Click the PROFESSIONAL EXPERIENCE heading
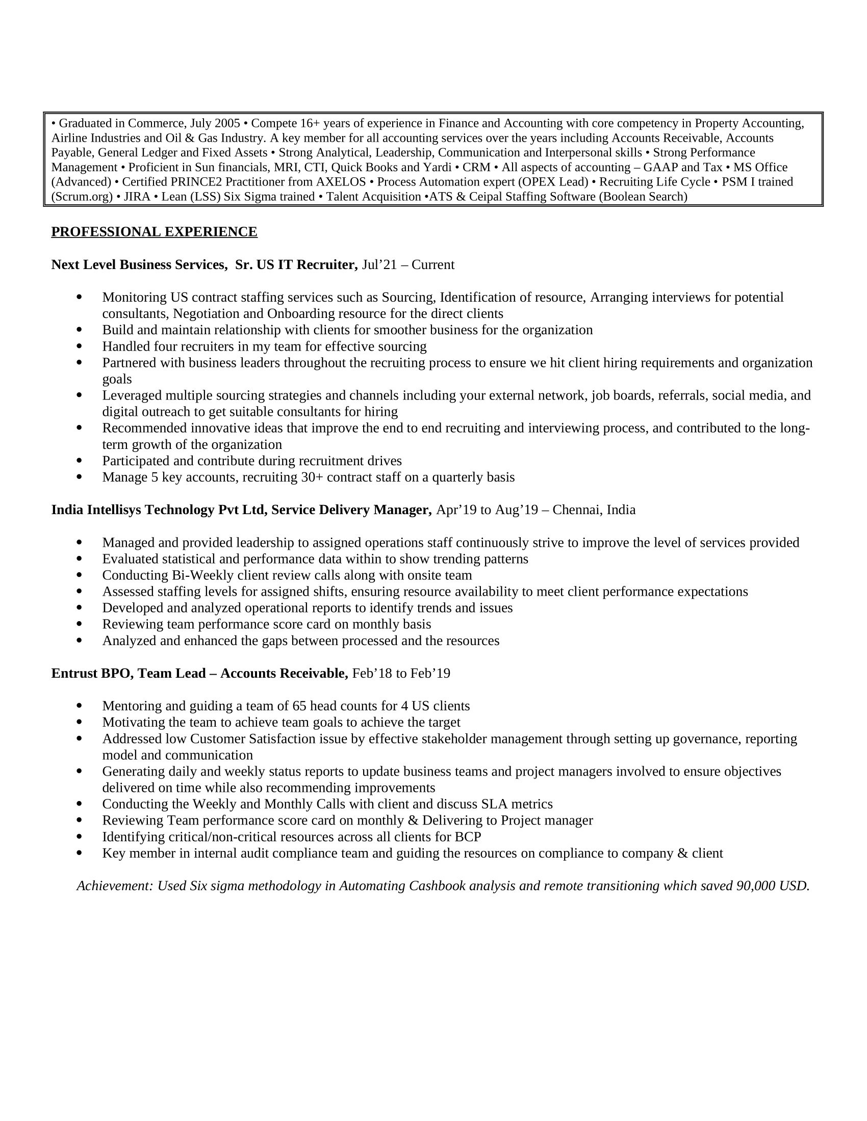[154, 232]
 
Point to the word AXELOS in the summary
[341, 182]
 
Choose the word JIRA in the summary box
[137, 197]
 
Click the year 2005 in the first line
[227, 124]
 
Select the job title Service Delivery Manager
[351, 510]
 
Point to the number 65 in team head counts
[299, 706]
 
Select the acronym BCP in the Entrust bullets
[468, 837]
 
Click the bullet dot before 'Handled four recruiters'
[79, 346]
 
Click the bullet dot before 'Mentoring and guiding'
[79, 706]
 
